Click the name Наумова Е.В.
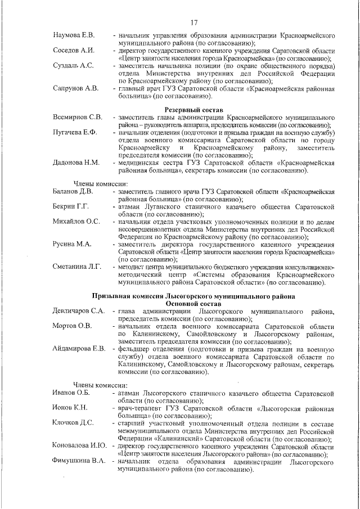74,35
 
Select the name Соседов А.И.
73,51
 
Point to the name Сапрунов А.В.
75,88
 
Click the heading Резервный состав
193,108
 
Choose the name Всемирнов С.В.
77,117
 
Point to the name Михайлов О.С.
76,222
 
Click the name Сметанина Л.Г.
77,267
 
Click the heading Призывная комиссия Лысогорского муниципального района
193,296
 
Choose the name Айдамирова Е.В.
79,349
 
